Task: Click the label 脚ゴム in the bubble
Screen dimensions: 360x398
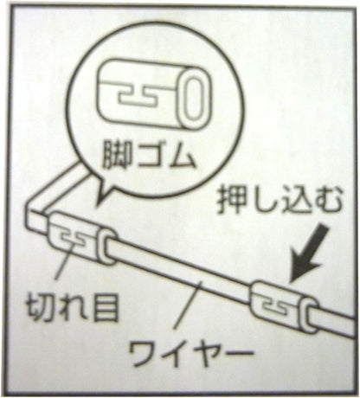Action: (x=149, y=156)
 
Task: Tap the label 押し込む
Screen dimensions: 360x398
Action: (x=279, y=201)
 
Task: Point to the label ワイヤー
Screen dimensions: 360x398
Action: (x=190, y=353)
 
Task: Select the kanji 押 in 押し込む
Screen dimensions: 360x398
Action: (x=231, y=201)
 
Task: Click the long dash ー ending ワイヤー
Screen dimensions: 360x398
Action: (x=238, y=352)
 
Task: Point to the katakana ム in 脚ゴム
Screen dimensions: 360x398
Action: (x=182, y=156)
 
